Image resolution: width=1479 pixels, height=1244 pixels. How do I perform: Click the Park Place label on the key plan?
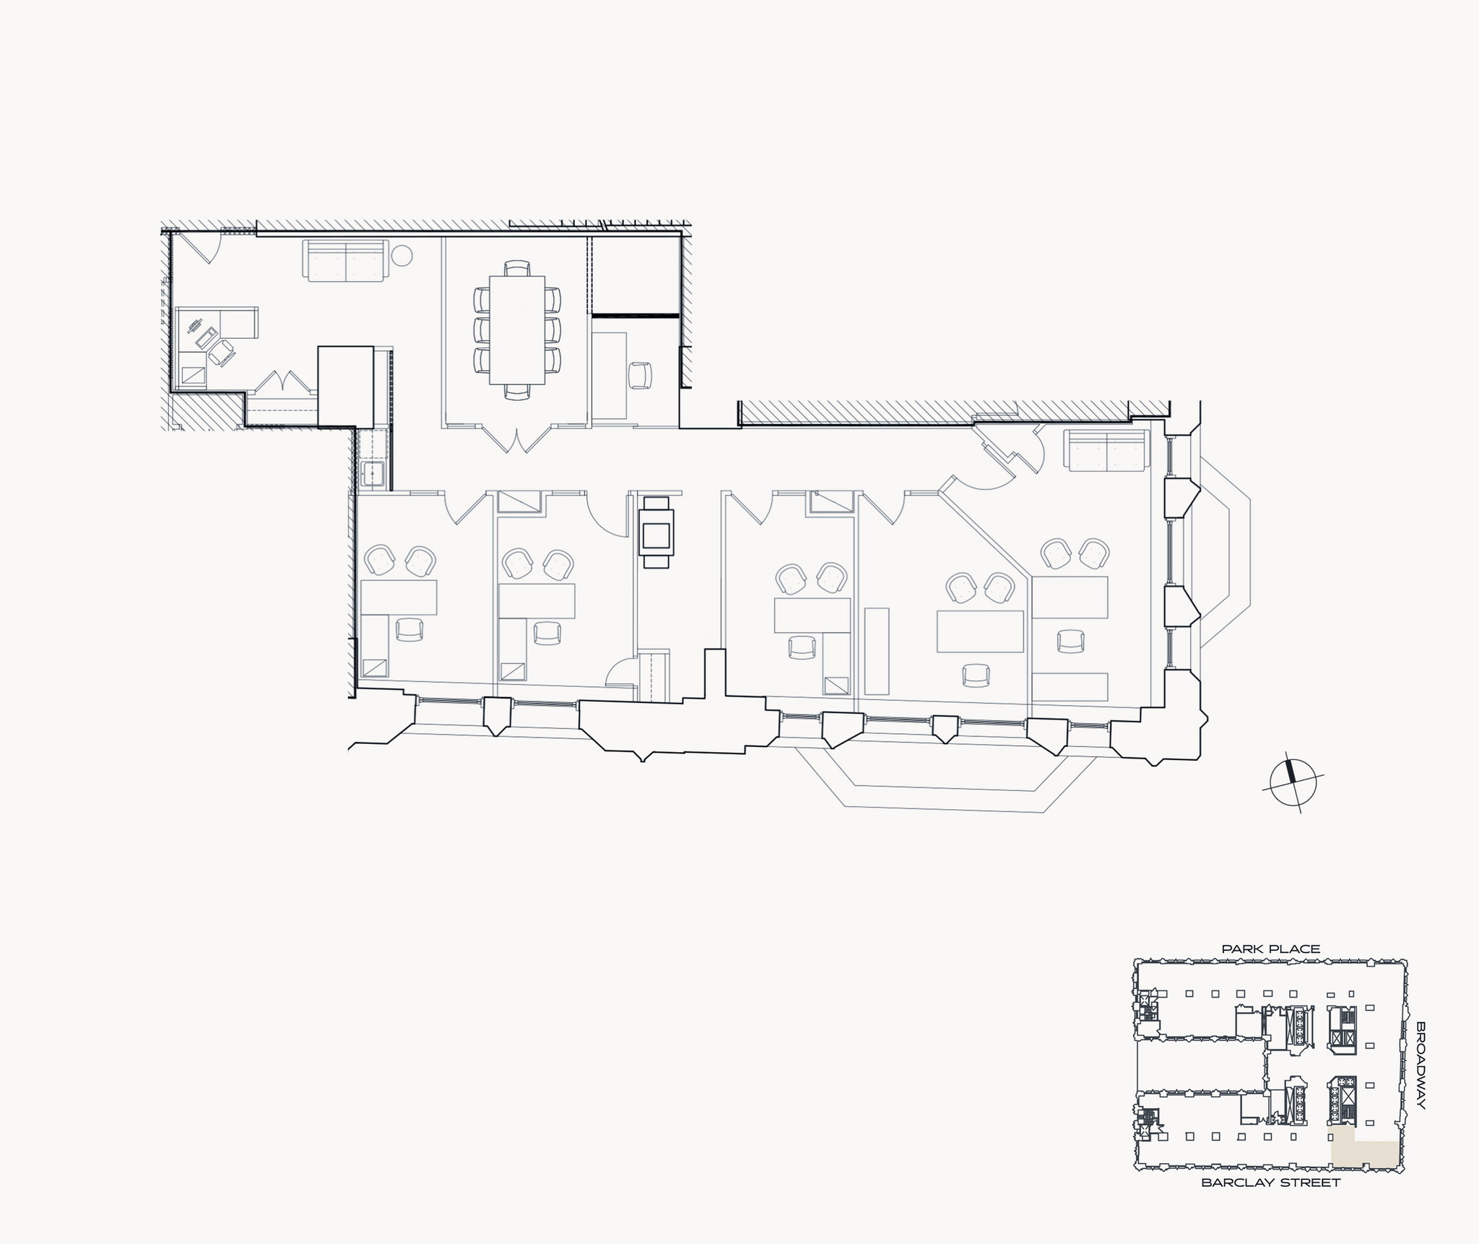1270,949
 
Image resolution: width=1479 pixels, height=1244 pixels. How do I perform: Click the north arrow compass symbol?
1293,783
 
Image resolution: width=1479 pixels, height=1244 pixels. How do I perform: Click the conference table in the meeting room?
517,329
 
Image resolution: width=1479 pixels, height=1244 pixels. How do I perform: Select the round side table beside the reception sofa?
402,255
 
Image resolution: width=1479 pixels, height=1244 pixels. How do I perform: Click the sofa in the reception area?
345,260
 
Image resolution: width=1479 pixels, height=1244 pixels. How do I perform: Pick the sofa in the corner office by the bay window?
1107,449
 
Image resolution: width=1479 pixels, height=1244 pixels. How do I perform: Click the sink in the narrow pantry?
373,475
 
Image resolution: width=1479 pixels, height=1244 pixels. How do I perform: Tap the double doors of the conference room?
517,439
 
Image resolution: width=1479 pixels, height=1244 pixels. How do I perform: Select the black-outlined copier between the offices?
657,532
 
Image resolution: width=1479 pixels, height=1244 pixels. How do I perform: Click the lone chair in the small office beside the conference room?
640,375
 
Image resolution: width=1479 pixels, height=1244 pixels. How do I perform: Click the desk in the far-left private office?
398,597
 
